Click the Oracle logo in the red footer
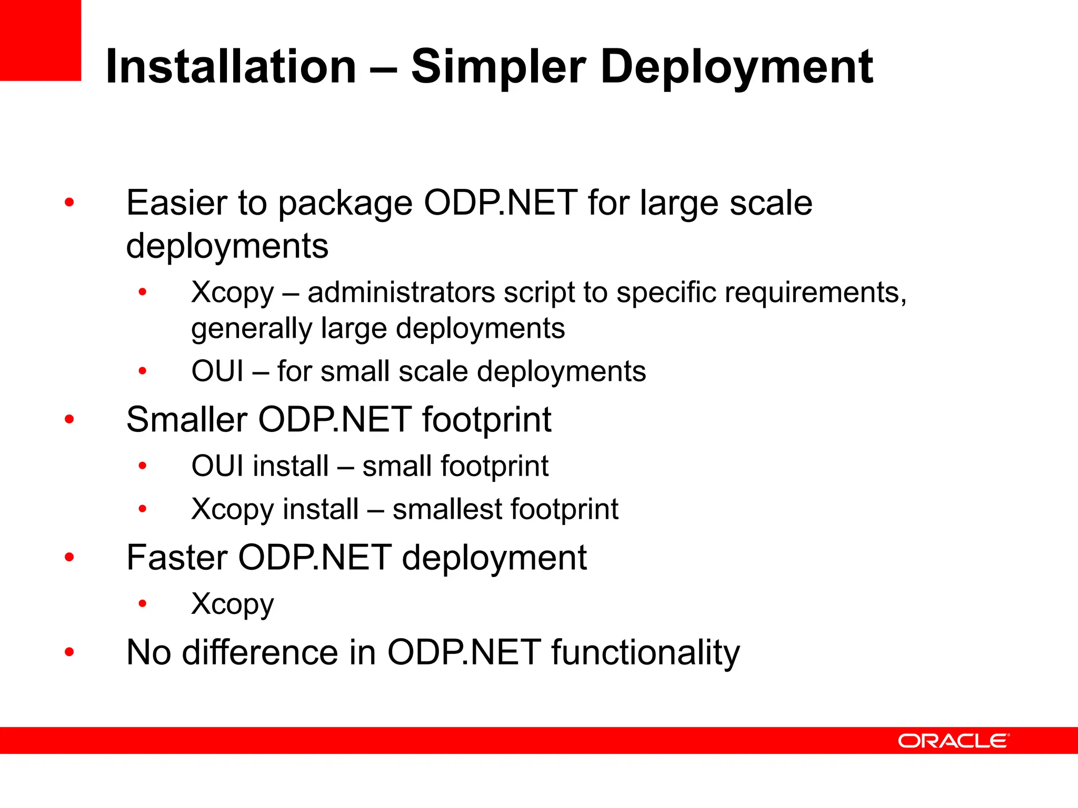point(953,741)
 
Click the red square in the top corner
point(40,40)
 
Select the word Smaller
point(186,420)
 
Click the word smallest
point(447,509)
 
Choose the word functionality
point(645,653)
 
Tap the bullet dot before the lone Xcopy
point(142,604)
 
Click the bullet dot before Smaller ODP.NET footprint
point(69,420)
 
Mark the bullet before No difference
point(69,652)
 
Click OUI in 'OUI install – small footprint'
point(217,466)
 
